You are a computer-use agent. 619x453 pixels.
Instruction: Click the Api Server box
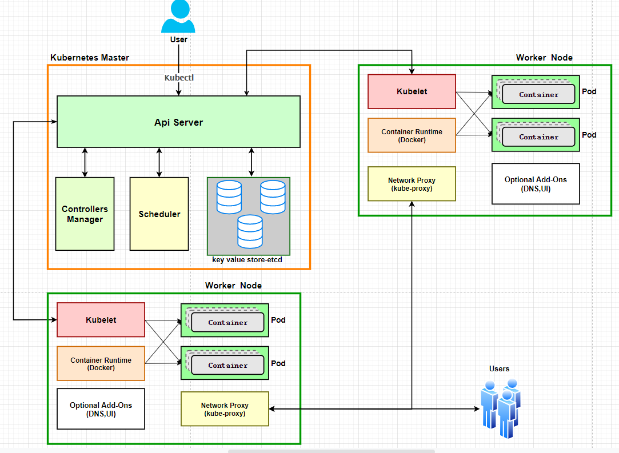coord(178,122)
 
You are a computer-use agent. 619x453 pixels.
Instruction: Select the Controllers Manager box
coord(85,214)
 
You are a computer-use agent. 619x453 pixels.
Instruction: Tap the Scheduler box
coord(159,214)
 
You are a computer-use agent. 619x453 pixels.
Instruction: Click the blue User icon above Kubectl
coord(178,17)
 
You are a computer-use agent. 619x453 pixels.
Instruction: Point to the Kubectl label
coord(179,78)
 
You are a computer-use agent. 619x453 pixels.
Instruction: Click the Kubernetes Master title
coord(90,58)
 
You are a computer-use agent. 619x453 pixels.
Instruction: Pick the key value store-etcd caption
coord(247,260)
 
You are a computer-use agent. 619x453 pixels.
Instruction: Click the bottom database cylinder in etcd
coord(250,231)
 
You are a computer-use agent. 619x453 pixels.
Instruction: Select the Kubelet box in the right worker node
coord(412,91)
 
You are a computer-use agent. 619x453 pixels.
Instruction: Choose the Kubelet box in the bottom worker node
coord(101,320)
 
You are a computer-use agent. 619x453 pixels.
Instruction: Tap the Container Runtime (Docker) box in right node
coord(412,135)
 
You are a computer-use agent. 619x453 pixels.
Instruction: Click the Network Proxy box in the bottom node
coord(225,409)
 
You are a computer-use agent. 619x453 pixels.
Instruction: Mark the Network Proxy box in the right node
coord(412,184)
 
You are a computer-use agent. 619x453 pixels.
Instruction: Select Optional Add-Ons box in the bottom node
coord(101,409)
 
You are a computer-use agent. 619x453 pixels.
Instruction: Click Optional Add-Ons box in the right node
coord(536,184)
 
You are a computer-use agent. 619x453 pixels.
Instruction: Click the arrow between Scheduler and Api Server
coord(159,162)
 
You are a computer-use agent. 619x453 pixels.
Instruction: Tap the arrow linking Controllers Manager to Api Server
coord(85,162)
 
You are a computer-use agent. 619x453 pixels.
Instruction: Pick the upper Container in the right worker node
coord(538,94)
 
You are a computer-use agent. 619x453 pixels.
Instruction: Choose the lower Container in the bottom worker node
coord(227,365)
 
